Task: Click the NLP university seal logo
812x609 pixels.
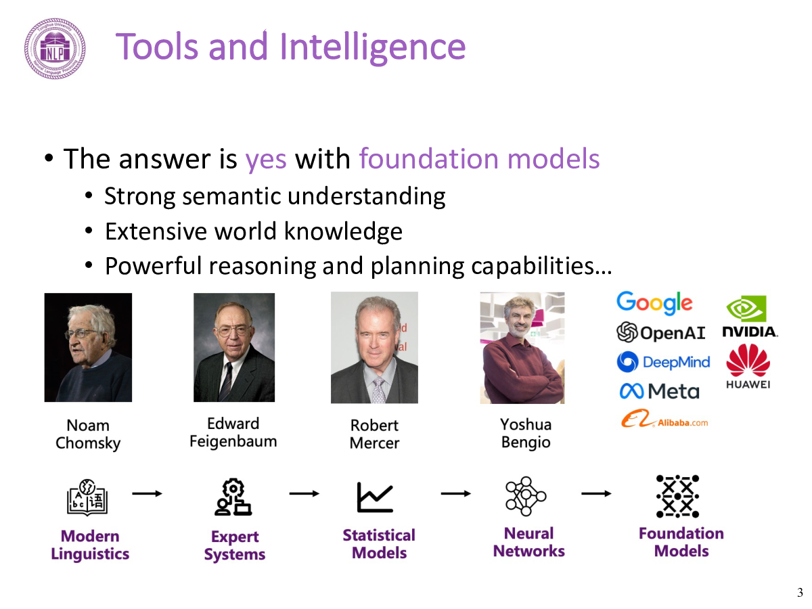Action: coord(55,49)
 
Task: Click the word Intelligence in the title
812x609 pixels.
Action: coord(373,47)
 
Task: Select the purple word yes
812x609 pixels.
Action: coord(266,160)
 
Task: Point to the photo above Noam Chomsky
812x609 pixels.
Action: coord(88,347)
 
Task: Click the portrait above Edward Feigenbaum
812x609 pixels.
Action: coord(234,347)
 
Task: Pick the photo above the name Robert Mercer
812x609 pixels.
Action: coord(374,348)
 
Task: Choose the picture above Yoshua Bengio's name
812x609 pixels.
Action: coord(522,348)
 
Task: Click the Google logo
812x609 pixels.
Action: coord(654,303)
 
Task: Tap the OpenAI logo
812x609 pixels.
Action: coord(660,332)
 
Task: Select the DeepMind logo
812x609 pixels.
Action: coord(663,361)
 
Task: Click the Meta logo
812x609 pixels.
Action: coord(659,391)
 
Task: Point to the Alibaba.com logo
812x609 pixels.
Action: coord(664,419)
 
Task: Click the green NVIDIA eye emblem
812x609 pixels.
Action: coord(746,309)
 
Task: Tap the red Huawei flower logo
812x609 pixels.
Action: coord(748,361)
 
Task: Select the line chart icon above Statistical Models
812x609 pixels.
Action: coord(375,497)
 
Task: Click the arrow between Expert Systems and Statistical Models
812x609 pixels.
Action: coord(304,493)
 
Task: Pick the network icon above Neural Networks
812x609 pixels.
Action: coord(526,496)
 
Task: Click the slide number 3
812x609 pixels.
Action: coord(800,593)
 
